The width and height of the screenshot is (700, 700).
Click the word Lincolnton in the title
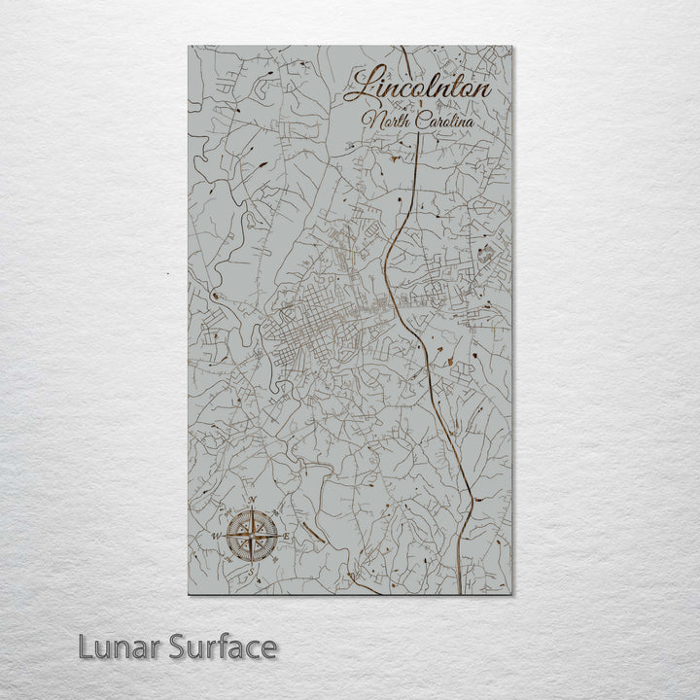(x=419, y=86)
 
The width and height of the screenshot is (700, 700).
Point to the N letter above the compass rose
(x=254, y=502)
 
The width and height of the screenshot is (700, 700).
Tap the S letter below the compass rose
(x=255, y=574)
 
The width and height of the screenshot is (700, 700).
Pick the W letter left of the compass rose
(x=217, y=536)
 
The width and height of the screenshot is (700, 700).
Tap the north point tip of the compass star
(x=255, y=510)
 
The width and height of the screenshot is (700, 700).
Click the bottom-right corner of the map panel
(x=512, y=594)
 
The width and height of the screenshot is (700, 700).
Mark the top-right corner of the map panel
(x=512, y=46)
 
